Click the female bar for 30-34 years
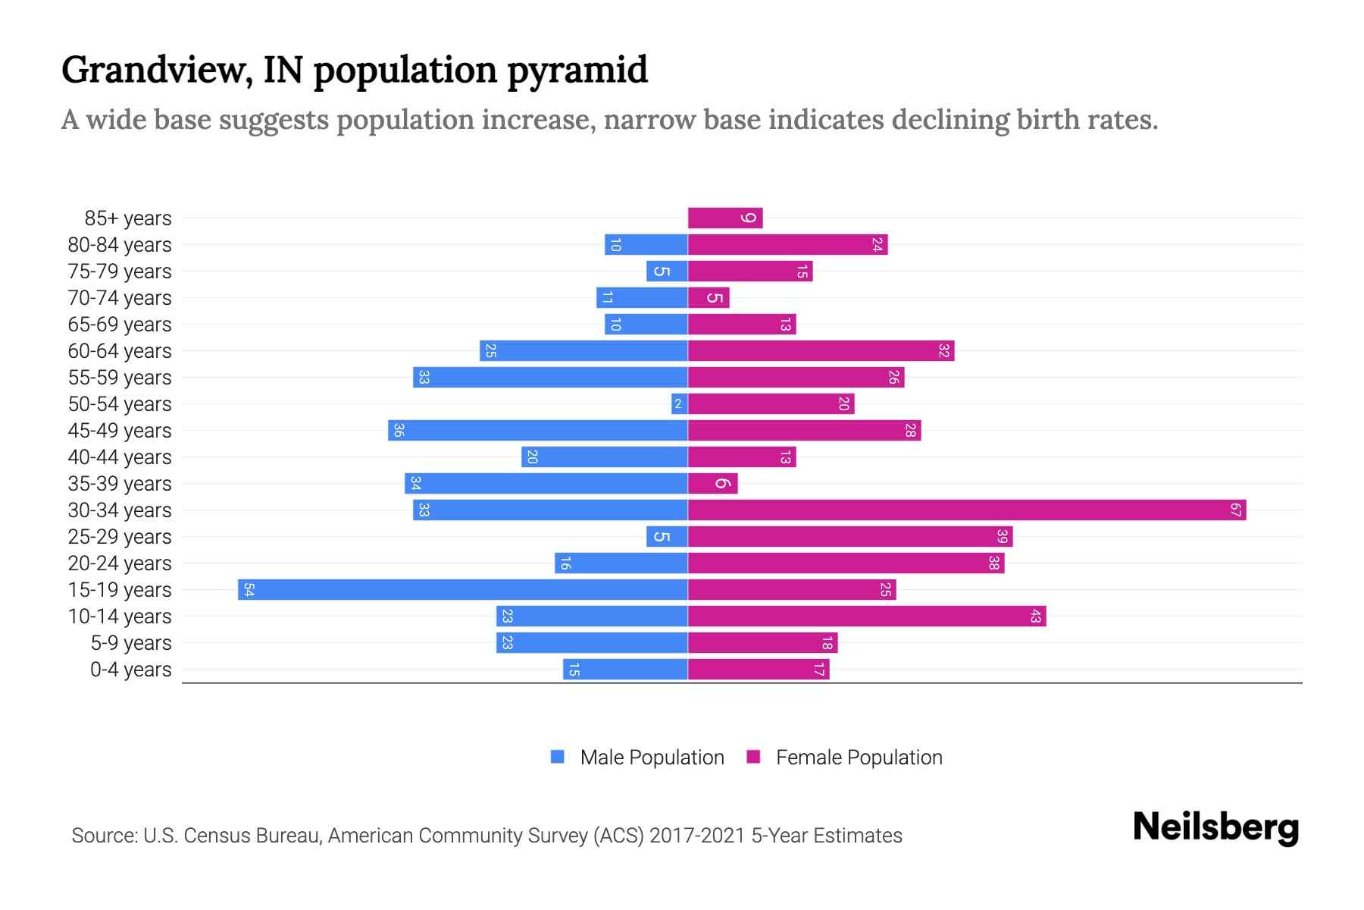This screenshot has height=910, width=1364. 966,510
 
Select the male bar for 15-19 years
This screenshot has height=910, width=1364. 462,590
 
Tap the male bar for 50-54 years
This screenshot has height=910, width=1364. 679,404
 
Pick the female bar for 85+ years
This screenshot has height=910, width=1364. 724,218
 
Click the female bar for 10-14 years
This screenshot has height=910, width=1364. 866,617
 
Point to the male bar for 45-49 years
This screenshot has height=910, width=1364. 538,431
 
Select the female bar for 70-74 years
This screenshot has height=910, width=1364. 708,298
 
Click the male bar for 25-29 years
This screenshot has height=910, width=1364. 667,537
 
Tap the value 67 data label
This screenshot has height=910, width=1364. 1235,510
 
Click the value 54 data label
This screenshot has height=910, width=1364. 249,590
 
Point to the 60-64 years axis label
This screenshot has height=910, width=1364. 120,351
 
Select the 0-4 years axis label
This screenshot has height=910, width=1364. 130,670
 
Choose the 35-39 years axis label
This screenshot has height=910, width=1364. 120,484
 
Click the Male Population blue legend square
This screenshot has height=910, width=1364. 558,757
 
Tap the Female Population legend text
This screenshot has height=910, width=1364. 859,758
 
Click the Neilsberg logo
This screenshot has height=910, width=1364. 1215,827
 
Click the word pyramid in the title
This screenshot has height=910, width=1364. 577,71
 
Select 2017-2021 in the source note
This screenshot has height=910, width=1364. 697,836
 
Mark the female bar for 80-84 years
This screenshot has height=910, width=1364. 787,245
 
